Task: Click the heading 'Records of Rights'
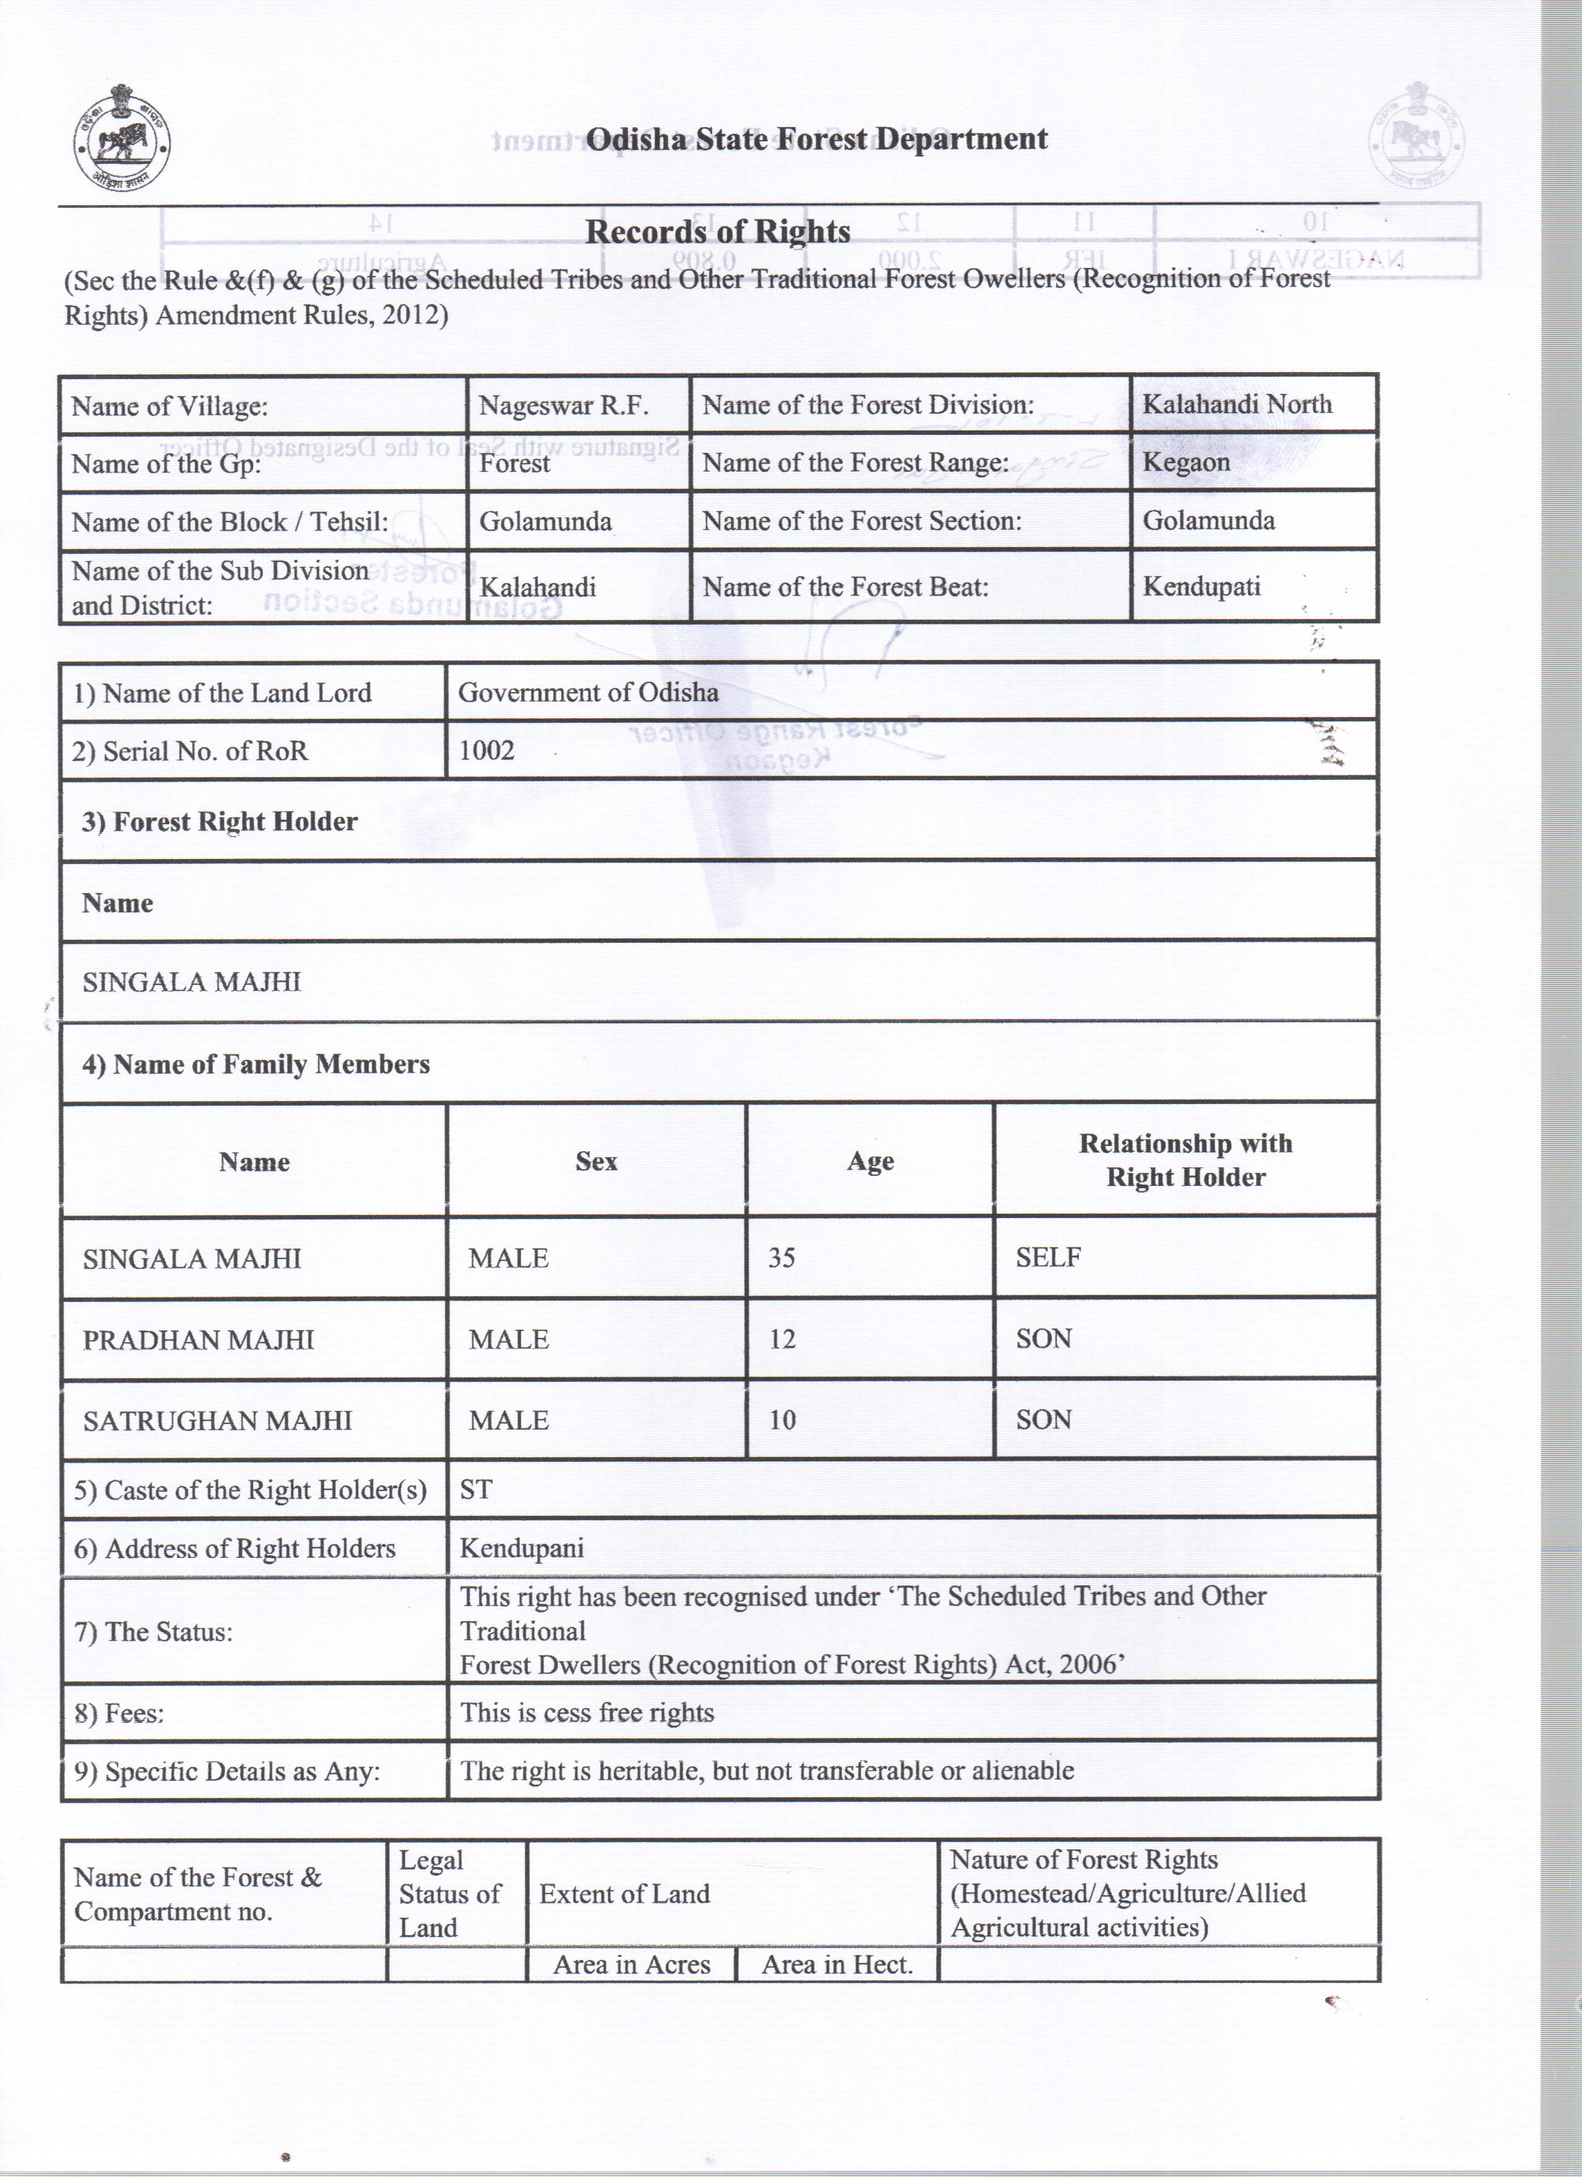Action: pos(717,231)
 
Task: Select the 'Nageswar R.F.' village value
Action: pos(563,405)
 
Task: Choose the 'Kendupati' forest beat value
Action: pos(1201,587)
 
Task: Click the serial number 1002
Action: pos(486,750)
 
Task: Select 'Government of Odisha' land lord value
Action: pos(588,692)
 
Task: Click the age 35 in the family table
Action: pos(782,1257)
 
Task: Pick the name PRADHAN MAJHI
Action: pos(199,1339)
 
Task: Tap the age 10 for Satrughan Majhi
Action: pos(782,1420)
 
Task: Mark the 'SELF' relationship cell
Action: pos(1048,1257)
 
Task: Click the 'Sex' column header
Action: pos(596,1162)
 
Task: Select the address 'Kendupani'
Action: pos(521,1548)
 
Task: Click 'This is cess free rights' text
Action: pos(586,1712)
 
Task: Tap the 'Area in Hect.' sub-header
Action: pos(836,1965)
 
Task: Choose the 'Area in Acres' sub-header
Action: pos(632,1965)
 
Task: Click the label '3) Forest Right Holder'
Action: pos(219,822)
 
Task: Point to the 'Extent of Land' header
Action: pos(624,1894)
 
